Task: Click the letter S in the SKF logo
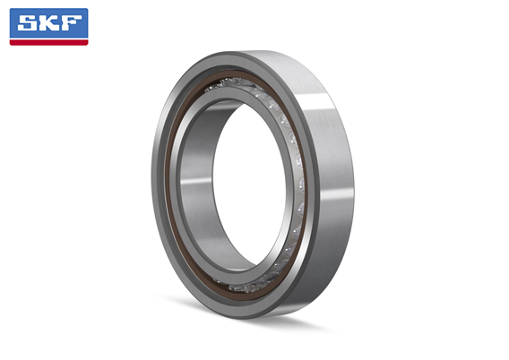[x=29, y=23]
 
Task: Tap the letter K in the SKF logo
[x=49, y=23]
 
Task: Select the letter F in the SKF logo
[x=71, y=23]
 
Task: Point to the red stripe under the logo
[x=48, y=42]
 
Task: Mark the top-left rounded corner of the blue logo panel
[x=11, y=9]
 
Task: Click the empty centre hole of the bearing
[x=249, y=184]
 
